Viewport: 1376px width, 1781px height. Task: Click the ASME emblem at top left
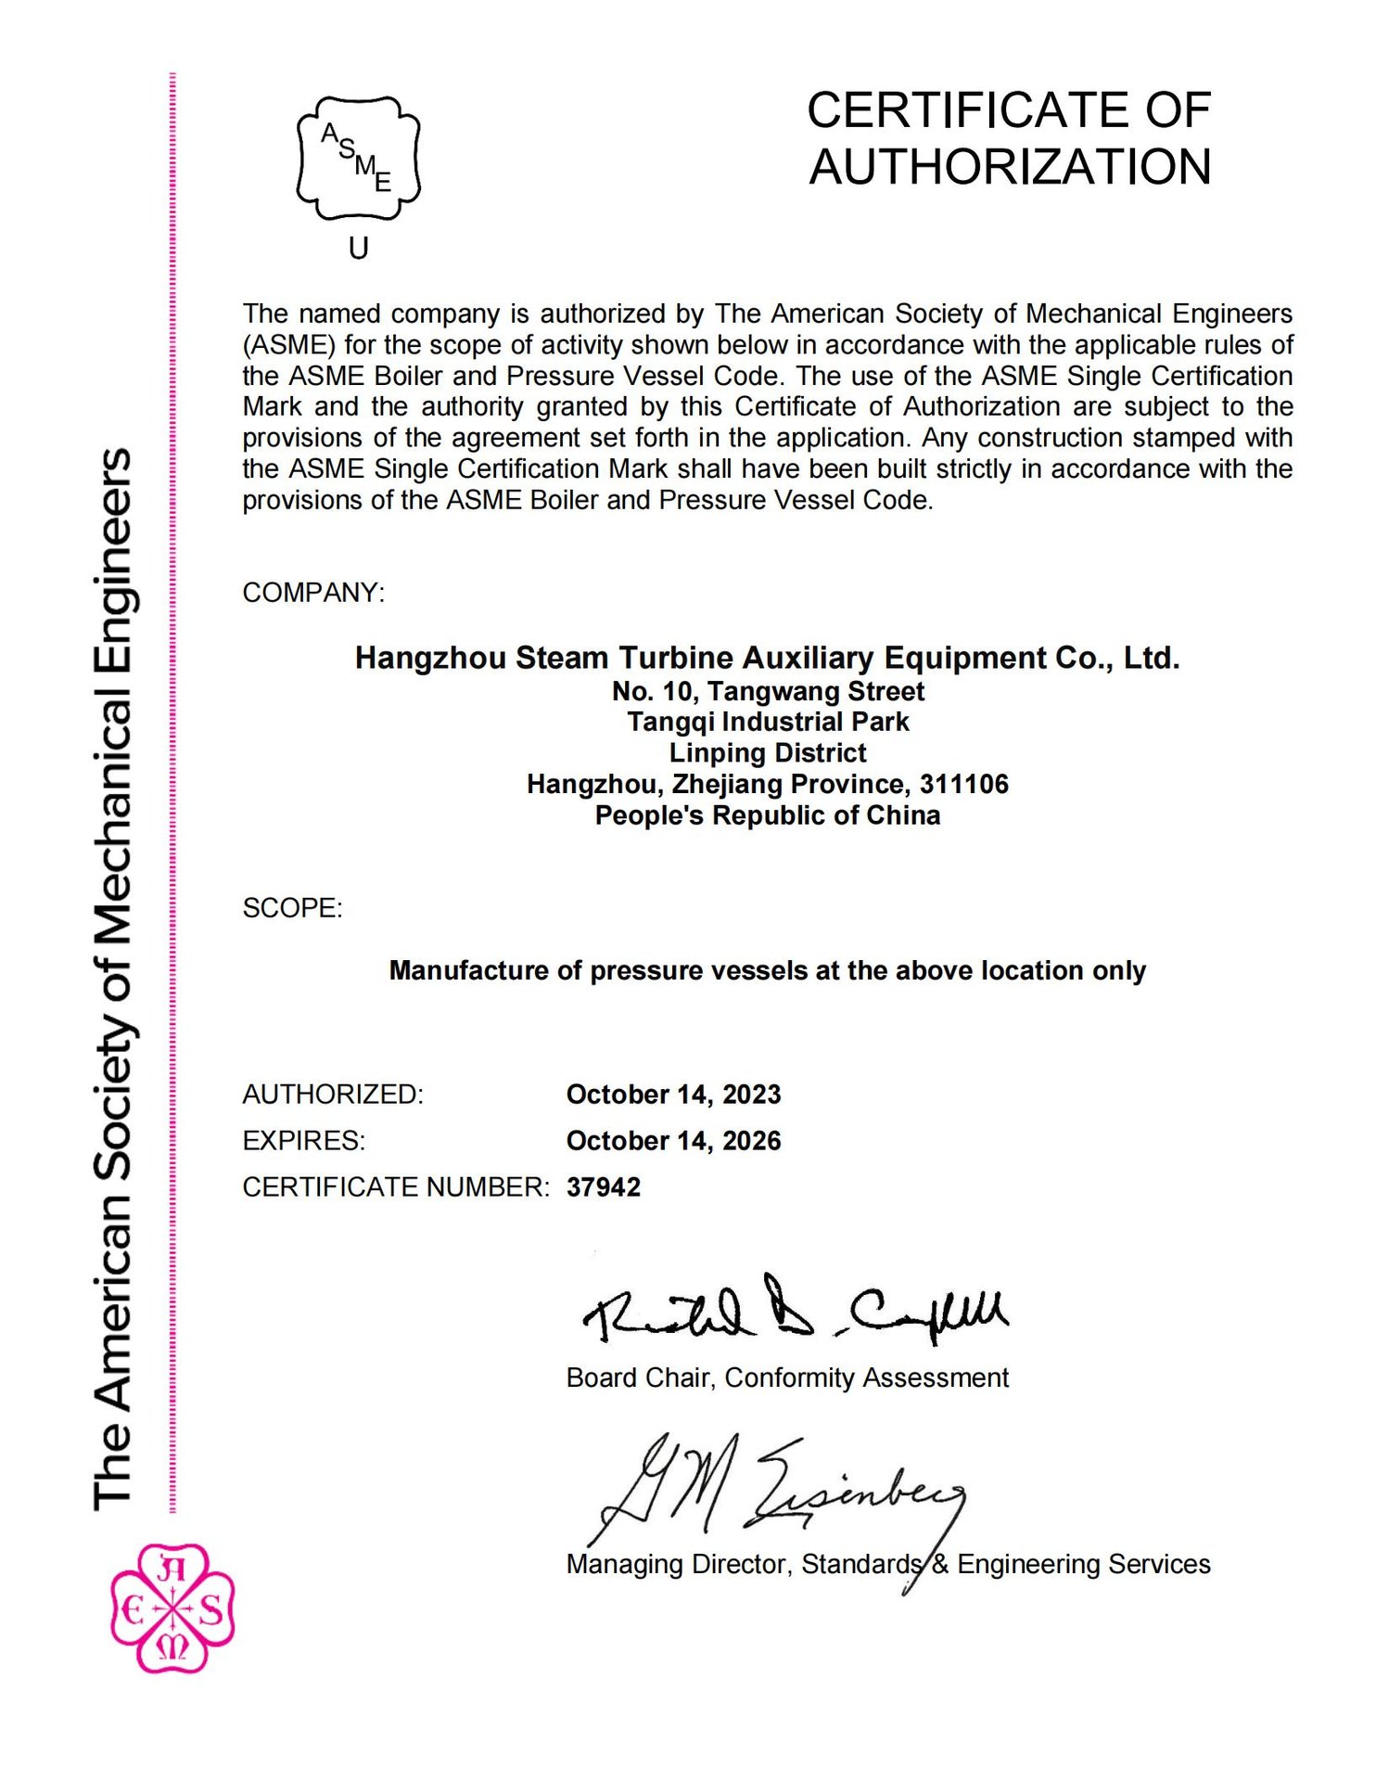point(358,159)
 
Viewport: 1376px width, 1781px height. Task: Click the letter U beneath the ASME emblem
point(358,249)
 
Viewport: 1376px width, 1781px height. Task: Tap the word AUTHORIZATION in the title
point(1010,168)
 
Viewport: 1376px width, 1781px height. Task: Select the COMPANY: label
point(313,593)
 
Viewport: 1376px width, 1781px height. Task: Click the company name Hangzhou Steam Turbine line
point(767,658)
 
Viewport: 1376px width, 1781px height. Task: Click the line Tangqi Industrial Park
point(767,722)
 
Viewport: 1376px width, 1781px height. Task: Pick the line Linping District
point(767,753)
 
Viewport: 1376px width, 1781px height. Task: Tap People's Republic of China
point(767,815)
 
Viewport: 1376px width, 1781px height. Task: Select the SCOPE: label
point(292,908)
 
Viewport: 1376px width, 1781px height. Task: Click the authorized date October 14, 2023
point(673,1095)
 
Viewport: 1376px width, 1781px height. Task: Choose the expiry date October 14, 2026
point(673,1141)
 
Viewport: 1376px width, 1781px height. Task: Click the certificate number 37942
point(603,1187)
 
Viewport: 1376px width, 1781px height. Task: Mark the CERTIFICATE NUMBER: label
point(396,1187)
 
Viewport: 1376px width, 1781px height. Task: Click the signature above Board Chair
point(793,1311)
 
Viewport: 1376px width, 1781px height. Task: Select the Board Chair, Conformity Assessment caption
point(786,1378)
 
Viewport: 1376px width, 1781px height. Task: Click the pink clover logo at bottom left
point(172,1609)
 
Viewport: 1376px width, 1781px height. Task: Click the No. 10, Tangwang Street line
point(767,691)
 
